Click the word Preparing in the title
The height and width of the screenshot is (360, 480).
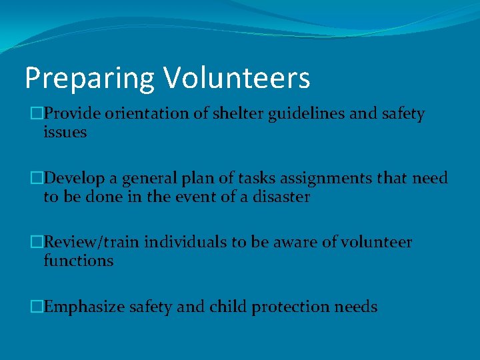90,79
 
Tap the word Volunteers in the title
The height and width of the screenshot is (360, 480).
237,77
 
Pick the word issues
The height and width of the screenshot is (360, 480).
65,132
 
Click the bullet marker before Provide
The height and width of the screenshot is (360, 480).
37,115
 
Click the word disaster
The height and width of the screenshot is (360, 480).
283,197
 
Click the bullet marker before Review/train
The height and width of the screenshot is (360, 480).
37,243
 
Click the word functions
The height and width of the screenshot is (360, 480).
78,261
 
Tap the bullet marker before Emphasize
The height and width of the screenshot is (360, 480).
37,307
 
